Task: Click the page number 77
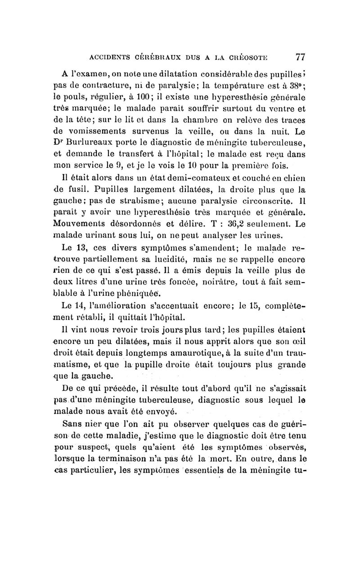[300, 57]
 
